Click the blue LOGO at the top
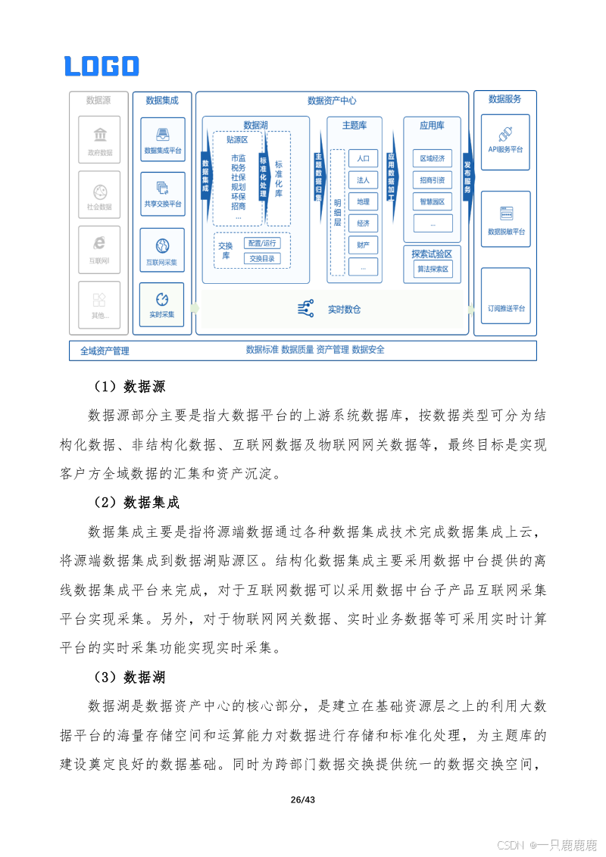102,66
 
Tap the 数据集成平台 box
163,139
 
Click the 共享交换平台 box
163,195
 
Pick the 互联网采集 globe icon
163,245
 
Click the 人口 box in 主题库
364,158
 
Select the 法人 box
364,180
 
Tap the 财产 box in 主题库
364,245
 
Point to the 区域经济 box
433,158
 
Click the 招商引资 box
433,180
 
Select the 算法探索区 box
433,269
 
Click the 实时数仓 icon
306,308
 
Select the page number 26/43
302,800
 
